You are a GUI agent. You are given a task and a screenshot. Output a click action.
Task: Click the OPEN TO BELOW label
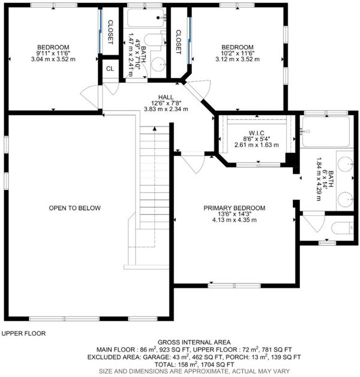point(74,208)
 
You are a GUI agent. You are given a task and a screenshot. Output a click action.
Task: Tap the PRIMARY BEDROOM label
point(235,208)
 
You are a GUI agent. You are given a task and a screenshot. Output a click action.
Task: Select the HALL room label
point(166,97)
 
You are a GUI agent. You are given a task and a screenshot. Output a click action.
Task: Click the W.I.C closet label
point(257,133)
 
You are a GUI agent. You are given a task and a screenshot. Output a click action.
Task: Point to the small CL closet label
point(110,69)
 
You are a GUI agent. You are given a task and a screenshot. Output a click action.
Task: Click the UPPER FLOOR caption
point(23,333)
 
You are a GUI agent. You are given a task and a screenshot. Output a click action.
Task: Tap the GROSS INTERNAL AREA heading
point(194,342)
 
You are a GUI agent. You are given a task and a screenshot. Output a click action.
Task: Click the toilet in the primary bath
point(342,228)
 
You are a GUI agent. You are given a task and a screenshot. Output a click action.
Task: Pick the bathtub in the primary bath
point(326,131)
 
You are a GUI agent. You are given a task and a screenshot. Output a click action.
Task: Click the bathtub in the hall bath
point(146,17)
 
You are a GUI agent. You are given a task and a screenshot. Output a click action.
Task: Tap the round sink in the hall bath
point(159,64)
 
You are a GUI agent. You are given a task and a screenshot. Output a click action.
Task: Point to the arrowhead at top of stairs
point(155,129)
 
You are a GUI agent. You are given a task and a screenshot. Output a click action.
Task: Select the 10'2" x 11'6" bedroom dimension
point(238,53)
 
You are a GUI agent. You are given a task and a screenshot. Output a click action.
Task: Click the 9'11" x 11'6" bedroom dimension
point(53,53)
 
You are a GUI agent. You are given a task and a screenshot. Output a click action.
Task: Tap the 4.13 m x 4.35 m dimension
point(235,220)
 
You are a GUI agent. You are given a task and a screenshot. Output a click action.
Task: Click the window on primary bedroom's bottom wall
point(235,286)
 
